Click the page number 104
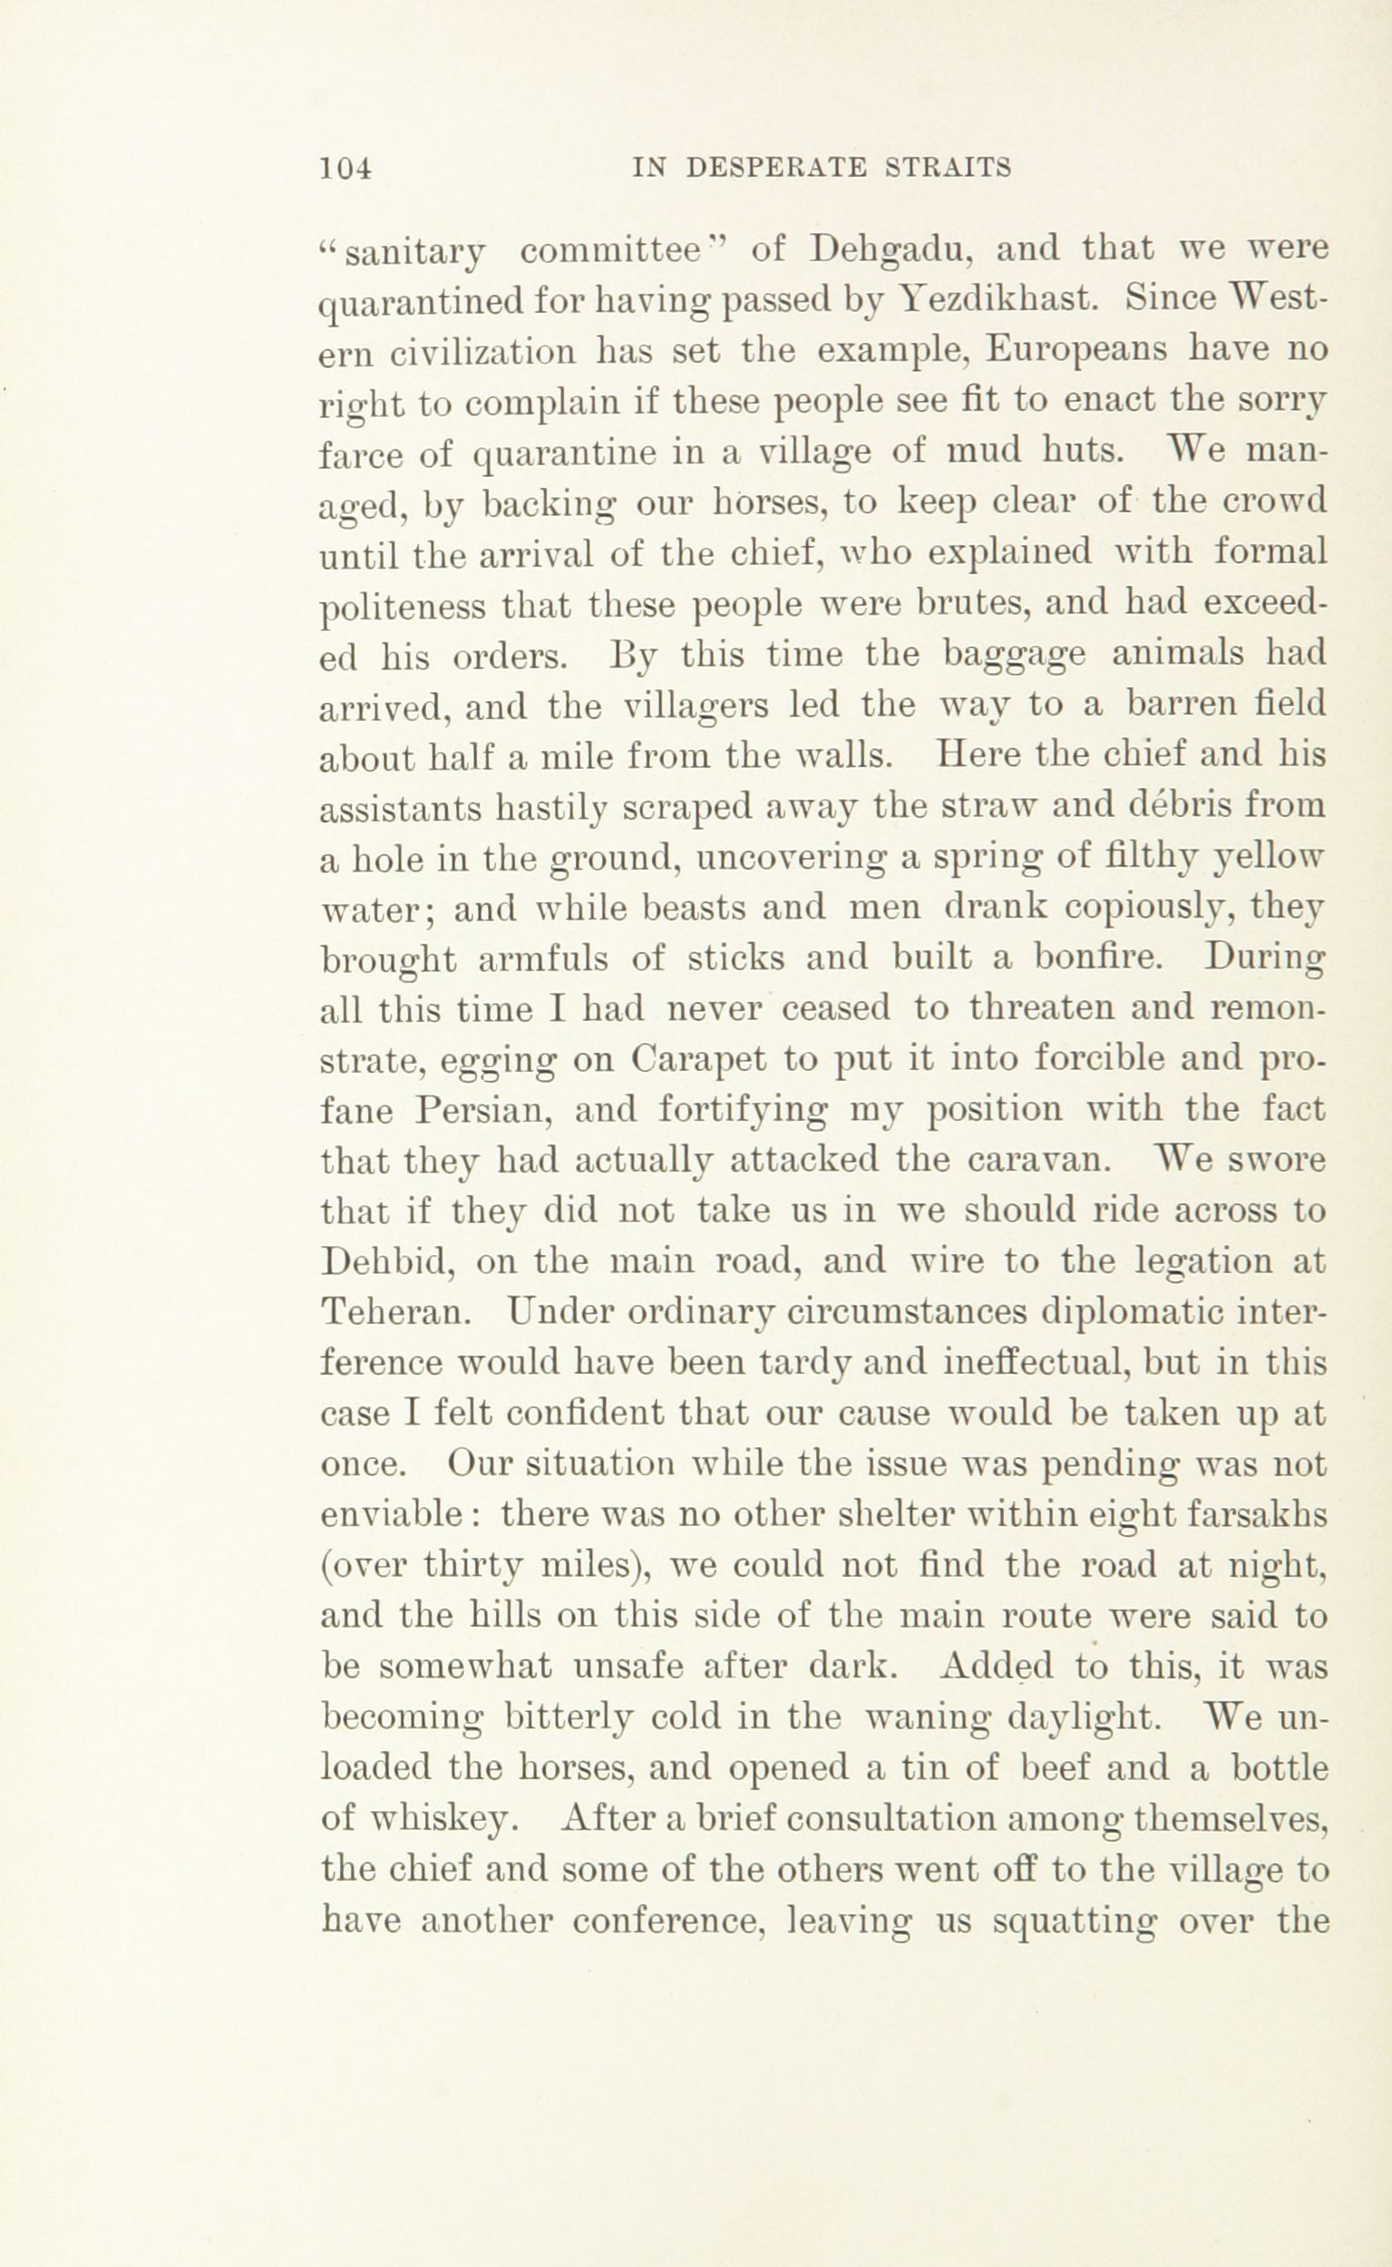(x=346, y=169)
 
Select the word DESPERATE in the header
(x=776, y=168)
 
